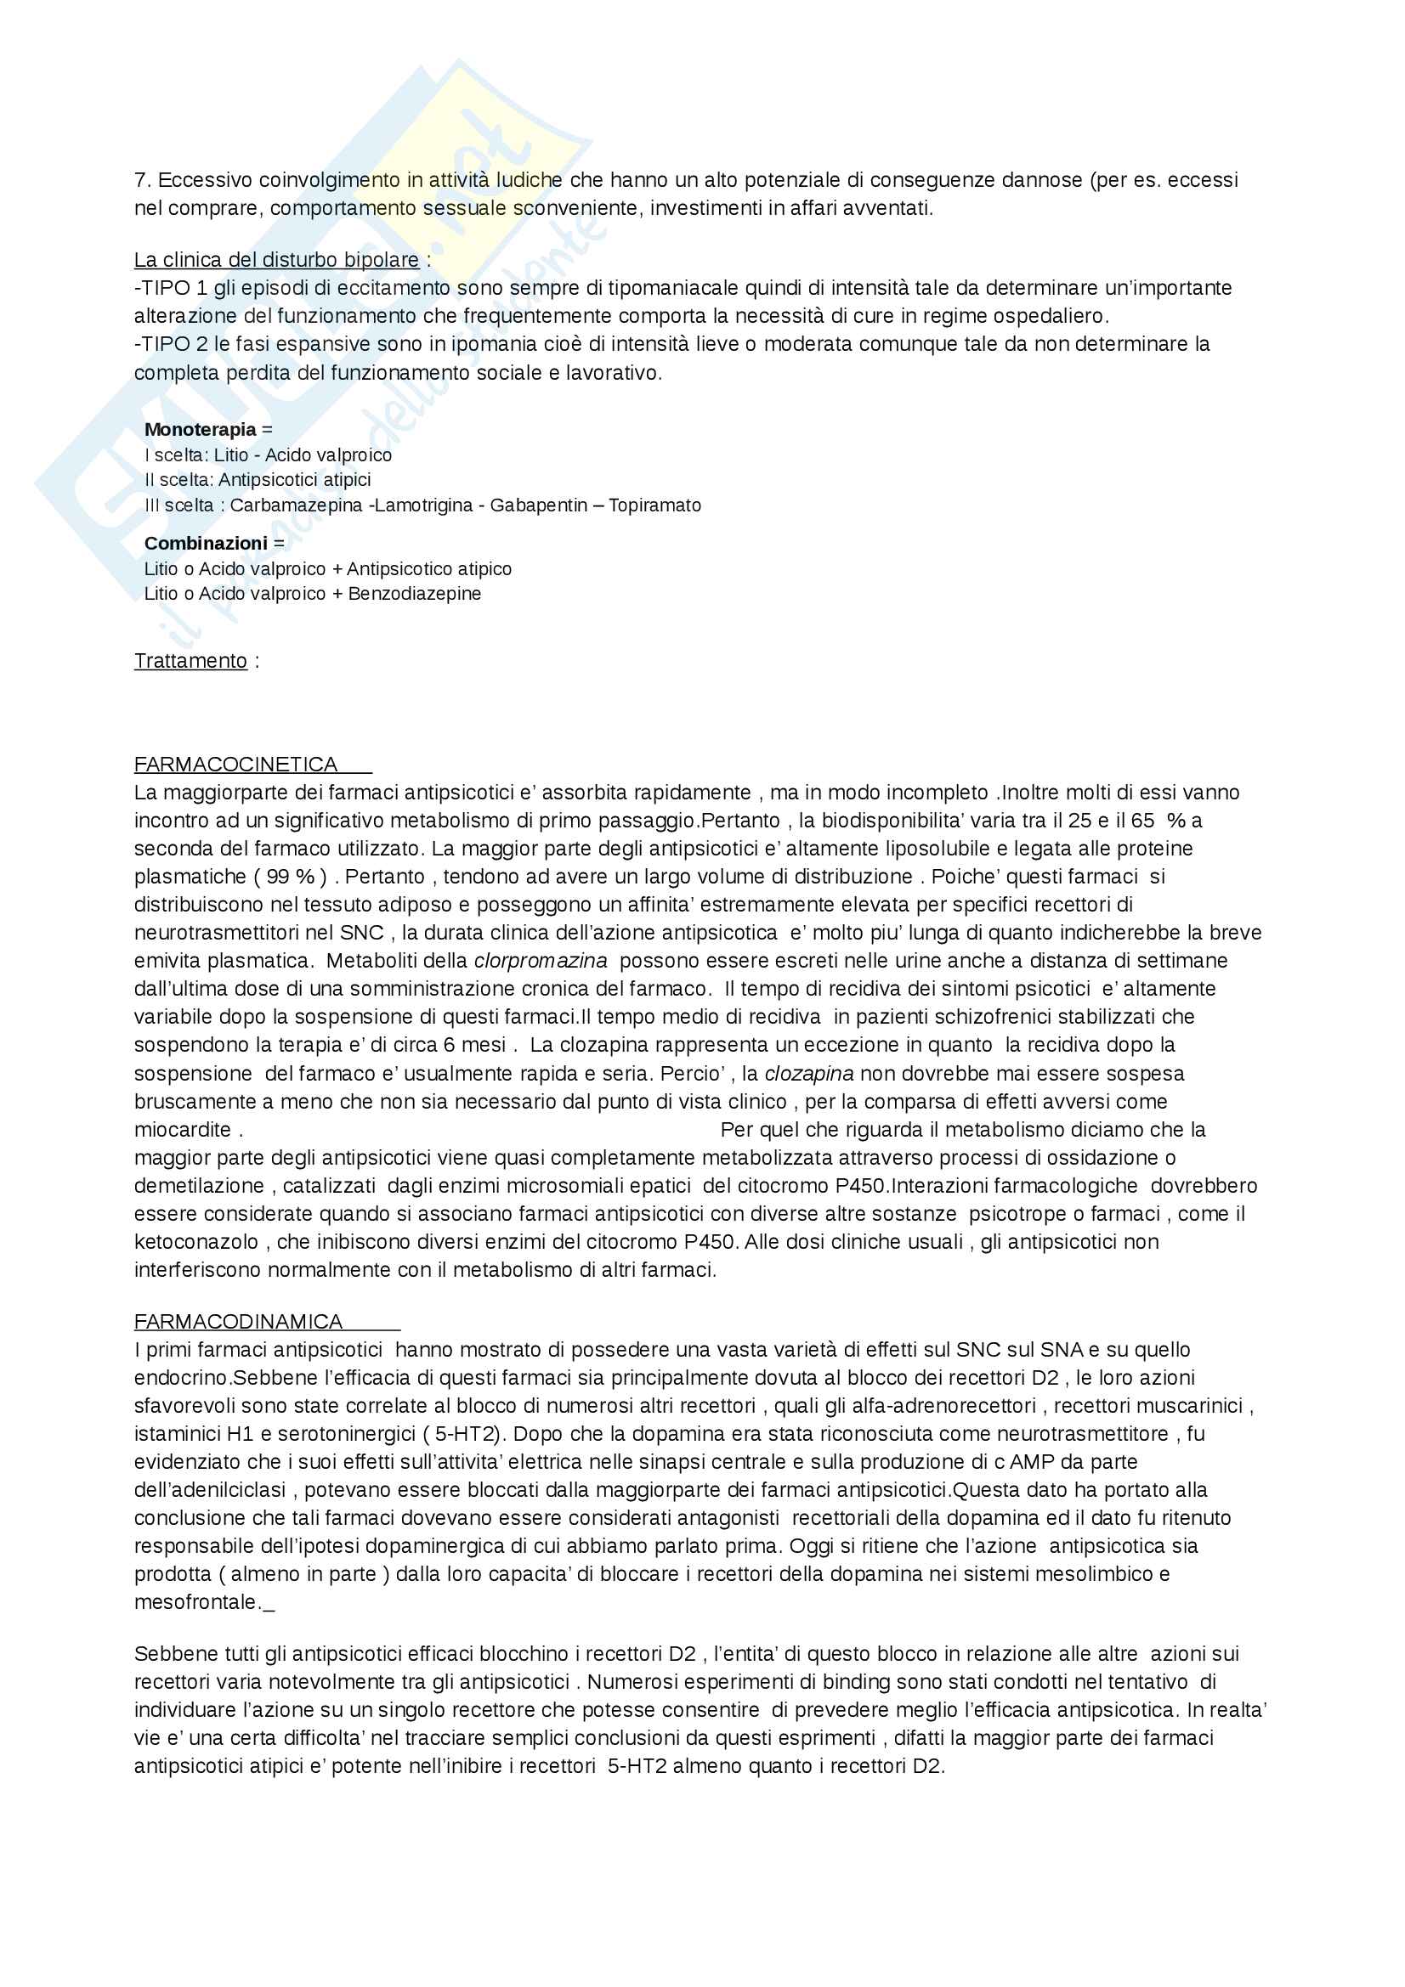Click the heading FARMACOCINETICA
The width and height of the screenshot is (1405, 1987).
click(235, 765)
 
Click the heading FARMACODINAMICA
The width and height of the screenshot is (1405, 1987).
click(238, 1322)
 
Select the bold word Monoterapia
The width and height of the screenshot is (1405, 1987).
click(200, 429)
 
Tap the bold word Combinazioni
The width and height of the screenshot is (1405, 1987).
click(205, 544)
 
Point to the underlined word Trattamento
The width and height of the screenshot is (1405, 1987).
click(190, 661)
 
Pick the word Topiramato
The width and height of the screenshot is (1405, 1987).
click(654, 505)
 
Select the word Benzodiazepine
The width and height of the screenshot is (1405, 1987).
click(414, 594)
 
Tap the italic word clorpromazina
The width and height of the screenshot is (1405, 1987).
click(541, 961)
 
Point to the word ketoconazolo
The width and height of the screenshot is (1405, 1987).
click(195, 1242)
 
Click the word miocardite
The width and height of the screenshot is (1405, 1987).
click(182, 1130)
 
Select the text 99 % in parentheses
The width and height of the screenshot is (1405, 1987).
click(290, 877)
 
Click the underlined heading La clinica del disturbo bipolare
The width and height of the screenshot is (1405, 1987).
click(276, 260)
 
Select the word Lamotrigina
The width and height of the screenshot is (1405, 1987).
click(423, 505)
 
